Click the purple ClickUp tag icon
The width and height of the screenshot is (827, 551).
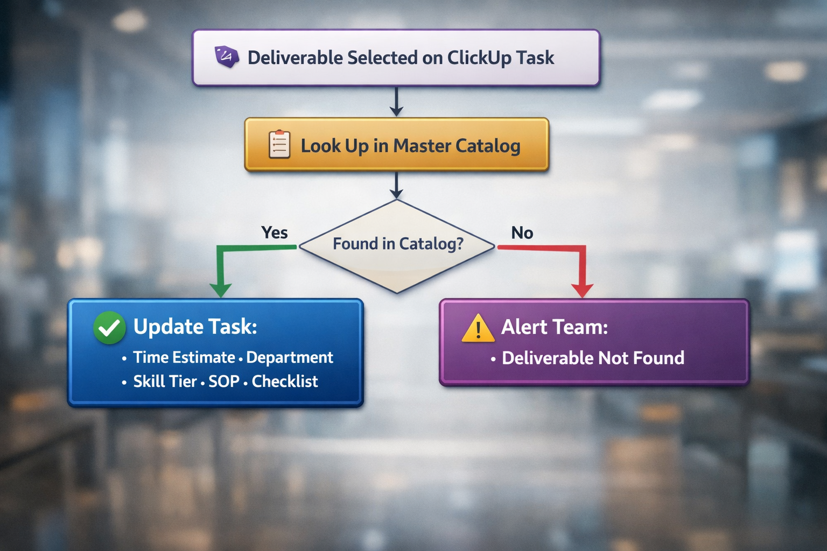pos(227,56)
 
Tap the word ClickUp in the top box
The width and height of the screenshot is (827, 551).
pos(479,58)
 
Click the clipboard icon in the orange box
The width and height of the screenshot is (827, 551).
pos(279,145)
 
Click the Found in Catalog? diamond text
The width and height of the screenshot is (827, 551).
pos(397,244)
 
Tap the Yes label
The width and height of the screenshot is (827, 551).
pos(274,232)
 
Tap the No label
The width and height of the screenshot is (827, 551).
pos(522,232)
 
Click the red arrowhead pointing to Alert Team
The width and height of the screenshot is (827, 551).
pos(582,289)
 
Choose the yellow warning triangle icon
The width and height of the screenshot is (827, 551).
pos(478,329)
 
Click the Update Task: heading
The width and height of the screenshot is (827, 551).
pos(195,327)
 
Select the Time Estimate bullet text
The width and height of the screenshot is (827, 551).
pos(184,357)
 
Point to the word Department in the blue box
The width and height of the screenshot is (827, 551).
pos(290,357)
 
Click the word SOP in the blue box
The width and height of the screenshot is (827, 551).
pos(223,382)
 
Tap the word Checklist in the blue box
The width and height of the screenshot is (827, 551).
pos(285,382)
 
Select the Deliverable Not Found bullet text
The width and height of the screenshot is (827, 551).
pos(593,358)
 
